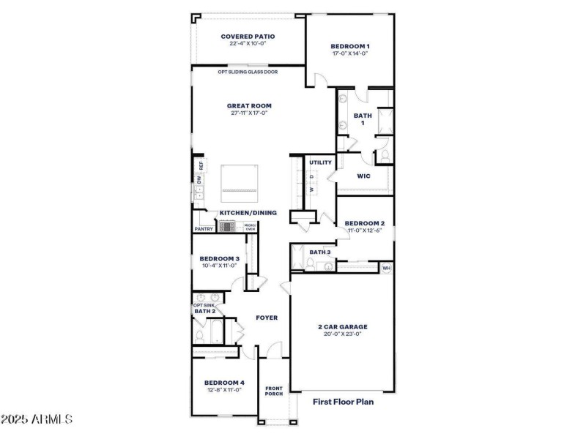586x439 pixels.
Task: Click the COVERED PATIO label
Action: pos(248,35)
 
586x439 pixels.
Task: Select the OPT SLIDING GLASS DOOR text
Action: pos(247,72)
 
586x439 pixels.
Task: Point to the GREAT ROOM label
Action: pos(248,105)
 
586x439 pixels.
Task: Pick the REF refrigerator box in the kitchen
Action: pos(200,165)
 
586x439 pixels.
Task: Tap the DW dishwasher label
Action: pos(199,179)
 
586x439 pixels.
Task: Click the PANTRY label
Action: pos(204,229)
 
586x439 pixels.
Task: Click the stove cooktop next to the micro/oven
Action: pos(227,227)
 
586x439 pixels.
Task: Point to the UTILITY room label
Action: pos(320,162)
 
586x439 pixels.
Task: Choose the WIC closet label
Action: pos(363,176)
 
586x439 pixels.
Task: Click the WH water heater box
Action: pos(387,269)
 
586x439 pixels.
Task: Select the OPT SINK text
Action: pos(204,305)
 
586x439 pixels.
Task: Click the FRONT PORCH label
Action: pos(274,391)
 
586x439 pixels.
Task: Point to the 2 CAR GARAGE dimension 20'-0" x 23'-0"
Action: pos(341,334)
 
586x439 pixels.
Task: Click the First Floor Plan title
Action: pos(343,402)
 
